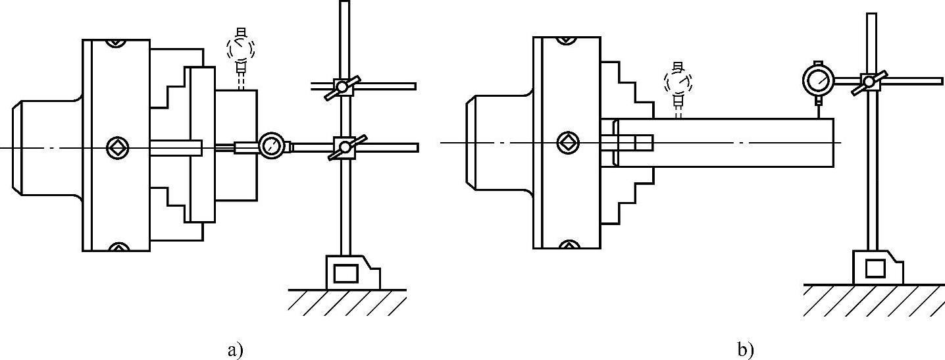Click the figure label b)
[746, 349]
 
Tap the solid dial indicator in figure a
[270, 145]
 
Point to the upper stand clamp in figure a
[342, 86]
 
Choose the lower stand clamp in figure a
[342, 145]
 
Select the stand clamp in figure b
[870, 82]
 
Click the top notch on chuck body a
[116, 43]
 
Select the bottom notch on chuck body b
[567, 245]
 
